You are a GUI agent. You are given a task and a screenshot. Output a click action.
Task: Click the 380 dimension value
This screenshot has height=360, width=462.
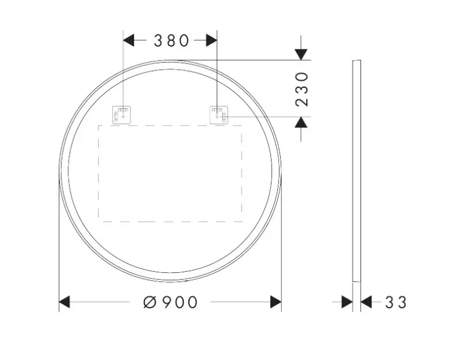click(x=171, y=40)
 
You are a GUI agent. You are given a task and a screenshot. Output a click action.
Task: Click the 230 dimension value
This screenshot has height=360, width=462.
click(x=301, y=89)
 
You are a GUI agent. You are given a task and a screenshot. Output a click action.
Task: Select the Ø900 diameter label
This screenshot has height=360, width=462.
click(x=170, y=302)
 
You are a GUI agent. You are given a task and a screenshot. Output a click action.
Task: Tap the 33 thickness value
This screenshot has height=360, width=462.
click(x=396, y=302)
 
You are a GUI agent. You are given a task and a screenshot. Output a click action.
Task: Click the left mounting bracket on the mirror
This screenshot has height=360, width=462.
click(x=121, y=115)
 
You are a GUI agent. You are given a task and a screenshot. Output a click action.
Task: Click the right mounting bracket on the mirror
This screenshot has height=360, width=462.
click(x=219, y=115)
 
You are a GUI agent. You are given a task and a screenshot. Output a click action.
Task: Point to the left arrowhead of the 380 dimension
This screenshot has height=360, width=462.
click(x=128, y=40)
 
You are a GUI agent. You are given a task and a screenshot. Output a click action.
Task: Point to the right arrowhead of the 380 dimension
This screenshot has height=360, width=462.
click(x=211, y=40)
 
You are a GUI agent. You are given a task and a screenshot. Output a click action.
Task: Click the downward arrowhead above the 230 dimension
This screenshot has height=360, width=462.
click(x=301, y=54)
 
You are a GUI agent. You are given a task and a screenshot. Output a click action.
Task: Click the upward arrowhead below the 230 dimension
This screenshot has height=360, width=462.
click(x=301, y=122)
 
